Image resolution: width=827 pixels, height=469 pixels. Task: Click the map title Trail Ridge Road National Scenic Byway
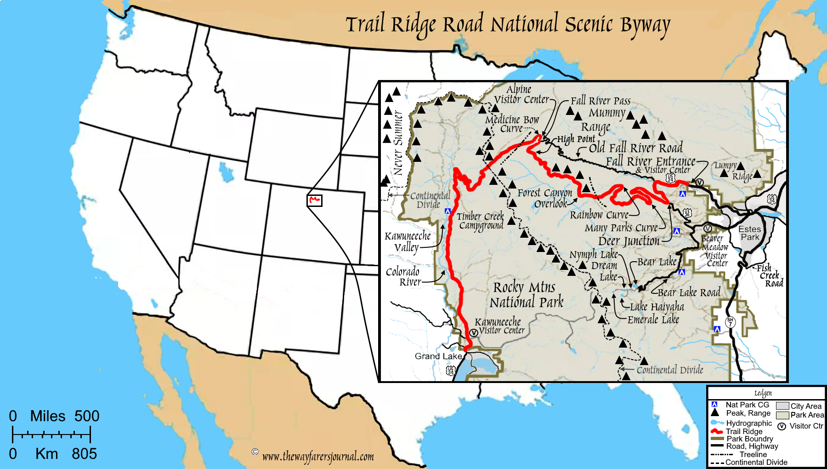click(508, 25)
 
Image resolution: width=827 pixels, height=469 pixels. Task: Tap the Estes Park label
click(750, 233)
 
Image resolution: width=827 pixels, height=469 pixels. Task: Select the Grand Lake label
click(438, 356)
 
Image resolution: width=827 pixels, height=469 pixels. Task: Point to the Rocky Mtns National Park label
click(526, 295)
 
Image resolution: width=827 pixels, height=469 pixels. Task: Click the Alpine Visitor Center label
click(521, 95)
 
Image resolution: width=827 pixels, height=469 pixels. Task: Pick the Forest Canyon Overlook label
click(545, 198)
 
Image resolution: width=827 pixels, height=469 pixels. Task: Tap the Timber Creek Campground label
click(481, 221)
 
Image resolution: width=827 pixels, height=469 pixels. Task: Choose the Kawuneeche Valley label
click(408, 242)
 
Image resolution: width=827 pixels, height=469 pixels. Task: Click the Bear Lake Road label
click(689, 292)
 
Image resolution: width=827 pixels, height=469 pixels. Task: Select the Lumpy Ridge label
click(735, 171)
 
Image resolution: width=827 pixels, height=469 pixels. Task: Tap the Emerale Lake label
click(653, 320)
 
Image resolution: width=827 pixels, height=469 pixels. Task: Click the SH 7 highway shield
click(730, 322)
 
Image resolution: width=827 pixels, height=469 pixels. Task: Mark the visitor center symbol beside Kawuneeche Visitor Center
click(474, 333)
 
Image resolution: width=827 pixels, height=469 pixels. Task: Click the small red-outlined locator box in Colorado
click(315, 200)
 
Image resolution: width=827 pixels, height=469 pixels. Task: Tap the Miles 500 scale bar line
click(51, 434)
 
